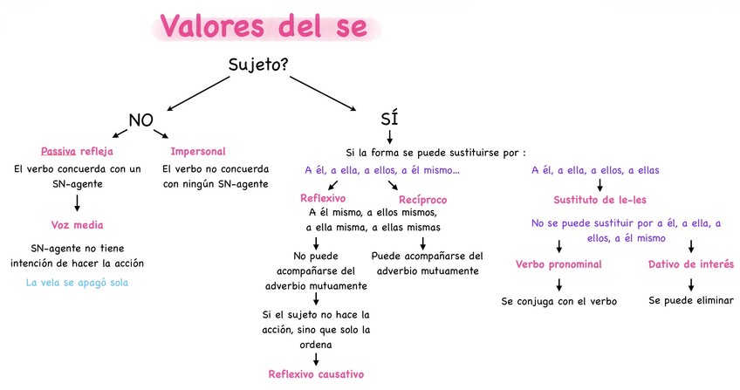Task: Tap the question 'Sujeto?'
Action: [258, 65]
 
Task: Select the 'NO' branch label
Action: [142, 120]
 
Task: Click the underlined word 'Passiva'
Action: [59, 151]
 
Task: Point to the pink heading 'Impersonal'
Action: [198, 151]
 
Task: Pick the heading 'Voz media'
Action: [78, 225]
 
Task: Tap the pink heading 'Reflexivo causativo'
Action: [316, 373]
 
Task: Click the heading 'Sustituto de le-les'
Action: [600, 198]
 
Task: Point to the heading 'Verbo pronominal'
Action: [558, 263]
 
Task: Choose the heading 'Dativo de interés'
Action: [691, 263]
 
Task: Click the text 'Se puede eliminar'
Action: [691, 301]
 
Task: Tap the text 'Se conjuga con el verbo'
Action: [558, 301]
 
